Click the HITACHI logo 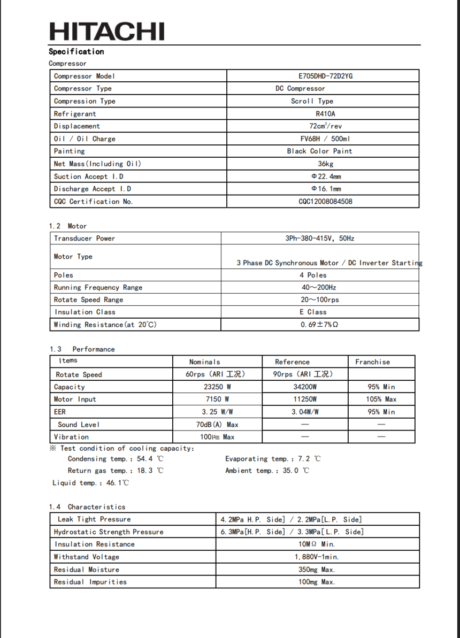click(106, 31)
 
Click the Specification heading click(76, 51)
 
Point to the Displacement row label click(76, 126)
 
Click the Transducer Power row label click(84, 239)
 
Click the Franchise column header click(372, 362)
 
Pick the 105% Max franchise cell click(381, 399)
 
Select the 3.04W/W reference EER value click(305, 412)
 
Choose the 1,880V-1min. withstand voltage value click(317, 557)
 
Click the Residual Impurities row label click(90, 582)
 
